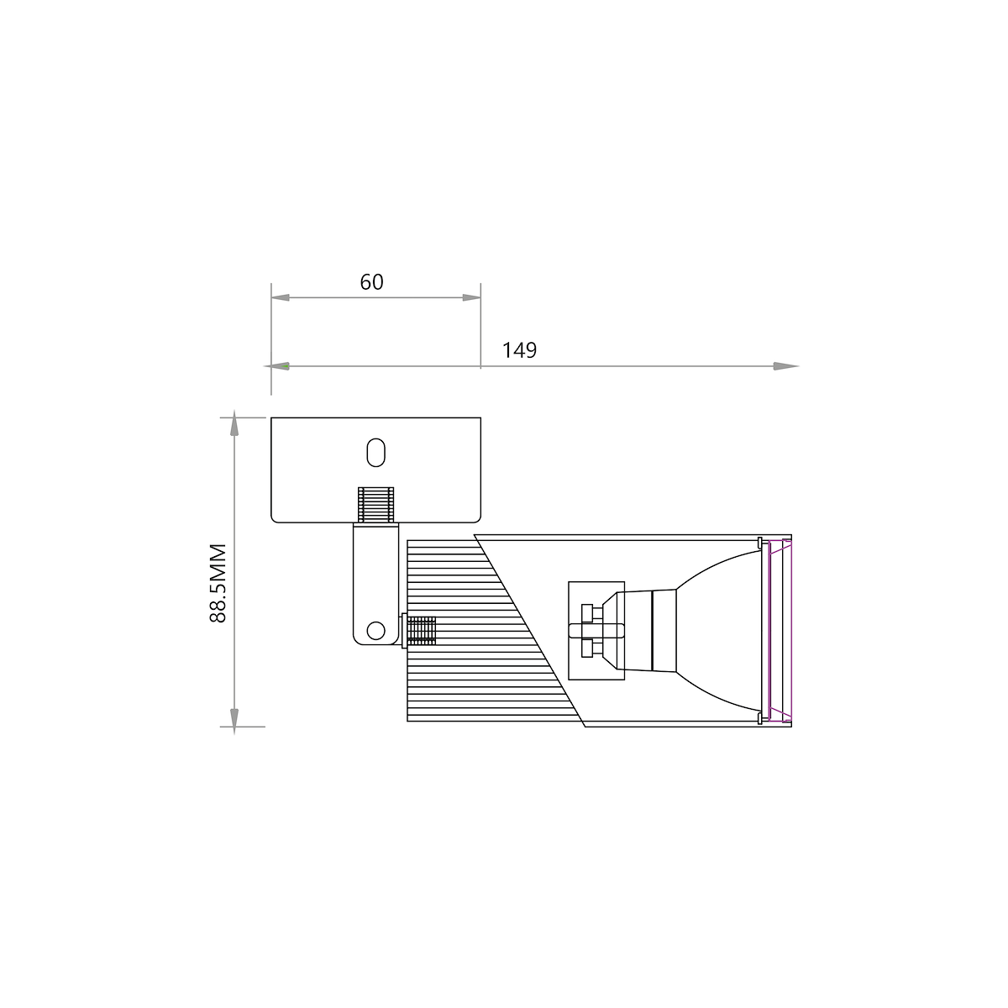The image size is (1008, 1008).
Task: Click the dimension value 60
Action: pyautogui.click(x=371, y=282)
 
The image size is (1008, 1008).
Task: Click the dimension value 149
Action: pyautogui.click(x=519, y=350)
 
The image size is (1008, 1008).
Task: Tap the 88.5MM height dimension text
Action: pyautogui.click(x=218, y=583)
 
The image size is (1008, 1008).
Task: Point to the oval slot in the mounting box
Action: pyautogui.click(x=376, y=453)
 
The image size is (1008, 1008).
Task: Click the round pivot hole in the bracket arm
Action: pyautogui.click(x=376, y=631)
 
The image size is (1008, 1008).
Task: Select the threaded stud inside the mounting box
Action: pyautogui.click(x=376, y=505)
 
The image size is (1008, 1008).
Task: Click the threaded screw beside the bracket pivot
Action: pyautogui.click(x=419, y=630)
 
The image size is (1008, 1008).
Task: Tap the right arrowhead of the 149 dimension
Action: pyautogui.click(x=786, y=366)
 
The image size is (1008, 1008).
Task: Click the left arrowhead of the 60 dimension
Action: pyautogui.click(x=281, y=297)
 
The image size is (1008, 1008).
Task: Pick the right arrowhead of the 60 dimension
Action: pyautogui.click(x=472, y=297)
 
